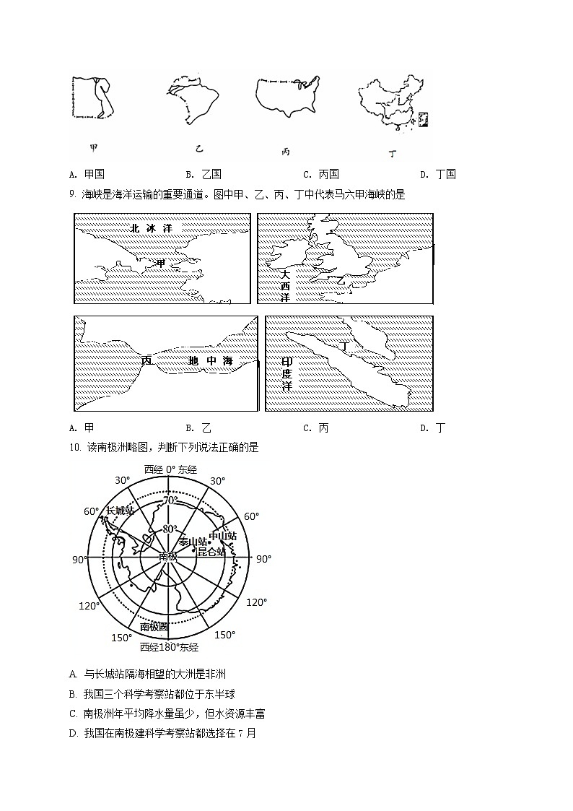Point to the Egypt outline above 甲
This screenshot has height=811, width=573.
coord(92,97)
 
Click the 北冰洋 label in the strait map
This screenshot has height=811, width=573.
coord(151,227)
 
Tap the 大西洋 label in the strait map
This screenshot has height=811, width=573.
coord(285,285)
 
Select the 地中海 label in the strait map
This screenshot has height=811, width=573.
coord(210,360)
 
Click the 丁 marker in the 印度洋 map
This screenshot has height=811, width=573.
coord(345,347)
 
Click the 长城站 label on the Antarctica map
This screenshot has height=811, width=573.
coord(120,511)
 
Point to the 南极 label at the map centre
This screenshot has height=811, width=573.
coord(168,555)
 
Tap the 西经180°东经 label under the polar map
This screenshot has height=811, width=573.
coord(170,647)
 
